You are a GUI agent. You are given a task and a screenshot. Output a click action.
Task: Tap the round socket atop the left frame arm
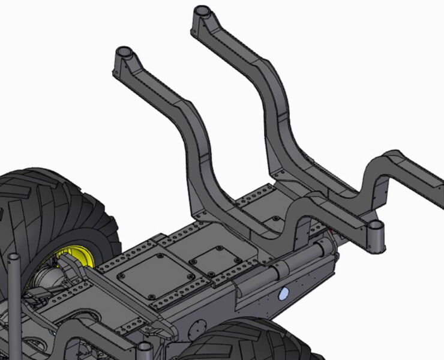coord(124,52)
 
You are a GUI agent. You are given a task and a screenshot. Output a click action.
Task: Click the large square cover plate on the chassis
coord(156,277)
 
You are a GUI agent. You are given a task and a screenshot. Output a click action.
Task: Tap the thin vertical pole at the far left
coord(14,300)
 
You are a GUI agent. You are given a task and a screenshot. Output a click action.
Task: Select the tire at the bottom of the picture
coord(240,342)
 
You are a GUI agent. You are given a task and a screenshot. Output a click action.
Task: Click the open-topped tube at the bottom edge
coord(145,350)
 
